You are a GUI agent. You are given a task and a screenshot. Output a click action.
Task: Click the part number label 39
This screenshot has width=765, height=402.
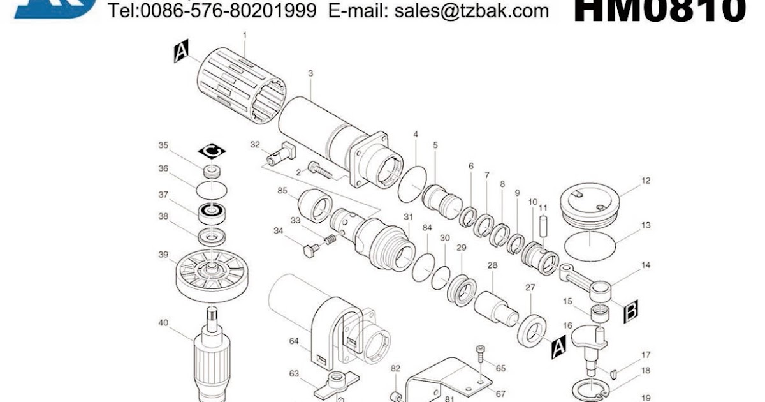click(x=164, y=255)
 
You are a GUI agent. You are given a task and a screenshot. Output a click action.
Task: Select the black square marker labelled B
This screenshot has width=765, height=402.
click(x=630, y=311)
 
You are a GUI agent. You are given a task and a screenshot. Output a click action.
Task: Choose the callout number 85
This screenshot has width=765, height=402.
click(x=282, y=190)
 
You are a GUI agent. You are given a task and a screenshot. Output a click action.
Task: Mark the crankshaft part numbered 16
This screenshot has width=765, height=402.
click(x=590, y=348)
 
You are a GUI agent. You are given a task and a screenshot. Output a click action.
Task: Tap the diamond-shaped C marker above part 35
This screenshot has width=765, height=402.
click(x=213, y=151)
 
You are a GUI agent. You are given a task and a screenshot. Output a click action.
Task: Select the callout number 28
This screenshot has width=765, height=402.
click(x=492, y=265)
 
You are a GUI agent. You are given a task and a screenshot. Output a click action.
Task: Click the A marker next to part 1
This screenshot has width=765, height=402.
click(x=182, y=52)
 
